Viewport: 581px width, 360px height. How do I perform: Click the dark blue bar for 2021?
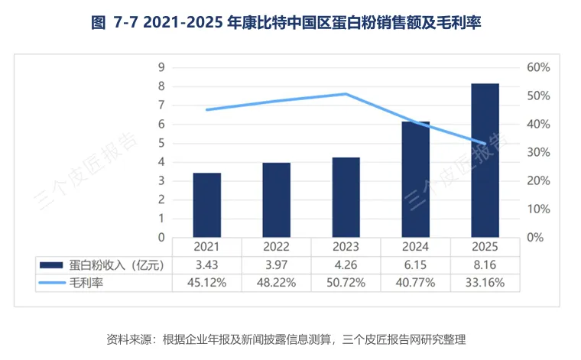click(206, 205)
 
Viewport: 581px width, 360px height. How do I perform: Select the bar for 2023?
click(346, 197)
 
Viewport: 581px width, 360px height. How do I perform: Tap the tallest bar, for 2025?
click(485, 161)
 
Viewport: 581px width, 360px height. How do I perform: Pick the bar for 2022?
click(277, 200)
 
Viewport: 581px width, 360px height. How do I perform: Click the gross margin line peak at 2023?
click(346, 94)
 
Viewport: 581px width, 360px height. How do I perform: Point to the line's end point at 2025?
click(485, 144)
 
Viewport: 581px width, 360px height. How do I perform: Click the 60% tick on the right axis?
click(538, 67)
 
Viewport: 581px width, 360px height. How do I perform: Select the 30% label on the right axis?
click(538, 152)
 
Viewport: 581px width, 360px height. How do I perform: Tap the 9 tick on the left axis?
click(161, 67)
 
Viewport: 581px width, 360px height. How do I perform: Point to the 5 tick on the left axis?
click(161, 143)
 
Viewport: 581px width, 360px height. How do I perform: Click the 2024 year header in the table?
click(415, 247)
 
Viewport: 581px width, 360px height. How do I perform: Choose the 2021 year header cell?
click(206, 247)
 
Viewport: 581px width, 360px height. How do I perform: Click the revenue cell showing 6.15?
click(415, 264)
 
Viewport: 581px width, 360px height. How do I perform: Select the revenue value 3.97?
click(277, 264)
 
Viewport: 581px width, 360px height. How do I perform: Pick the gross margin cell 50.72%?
click(346, 283)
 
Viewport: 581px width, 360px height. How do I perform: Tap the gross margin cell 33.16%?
click(485, 283)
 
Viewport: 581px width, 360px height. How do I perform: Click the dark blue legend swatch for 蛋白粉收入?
click(51, 265)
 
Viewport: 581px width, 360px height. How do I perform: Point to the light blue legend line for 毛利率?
click(52, 283)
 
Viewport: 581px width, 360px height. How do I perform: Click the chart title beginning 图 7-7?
click(286, 23)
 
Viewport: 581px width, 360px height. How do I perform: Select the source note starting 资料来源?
click(286, 339)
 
